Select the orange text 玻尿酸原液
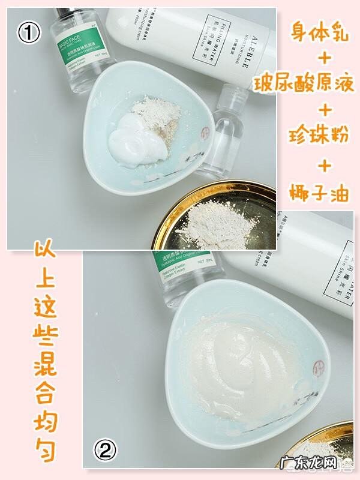click(306, 82)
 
